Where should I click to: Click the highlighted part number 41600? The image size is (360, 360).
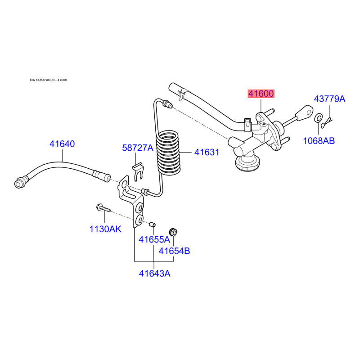coord(261,94)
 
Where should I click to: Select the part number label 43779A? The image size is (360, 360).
coord(329,99)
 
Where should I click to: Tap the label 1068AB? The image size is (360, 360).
coord(319,141)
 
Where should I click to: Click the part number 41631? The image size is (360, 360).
coord(207,153)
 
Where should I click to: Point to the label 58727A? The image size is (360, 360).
coord(138,148)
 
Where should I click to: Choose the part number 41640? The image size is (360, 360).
coord(62,144)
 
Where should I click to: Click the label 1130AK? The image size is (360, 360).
coord(105,229)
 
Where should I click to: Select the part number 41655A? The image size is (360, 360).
coord(154,240)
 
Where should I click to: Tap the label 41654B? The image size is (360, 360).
coord(174,251)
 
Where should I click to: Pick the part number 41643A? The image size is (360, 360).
coord(154,273)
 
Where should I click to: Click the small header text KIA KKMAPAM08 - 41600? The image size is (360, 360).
coord(49,80)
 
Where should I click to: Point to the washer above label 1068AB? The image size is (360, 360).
coord(318,118)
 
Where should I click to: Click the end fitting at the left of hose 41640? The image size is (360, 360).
coord(20,182)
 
